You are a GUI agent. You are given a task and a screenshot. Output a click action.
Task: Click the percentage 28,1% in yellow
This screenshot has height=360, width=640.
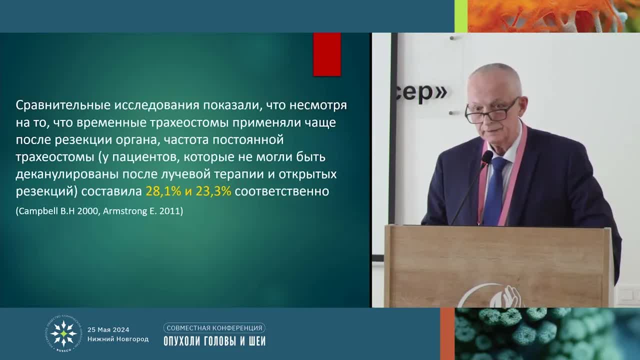[x=163, y=191]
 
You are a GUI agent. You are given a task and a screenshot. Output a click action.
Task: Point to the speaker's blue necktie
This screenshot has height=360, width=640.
[x=495, y=190]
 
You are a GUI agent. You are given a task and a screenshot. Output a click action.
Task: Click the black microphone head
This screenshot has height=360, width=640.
[x=486, y=158]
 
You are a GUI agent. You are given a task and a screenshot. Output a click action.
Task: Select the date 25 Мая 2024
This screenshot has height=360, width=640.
[x=108, y=329]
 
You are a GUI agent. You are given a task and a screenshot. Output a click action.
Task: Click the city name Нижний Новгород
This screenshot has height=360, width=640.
[x=118, y=339]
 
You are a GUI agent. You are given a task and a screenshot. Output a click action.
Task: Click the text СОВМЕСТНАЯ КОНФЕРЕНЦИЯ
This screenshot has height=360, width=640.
[x=214, y=328]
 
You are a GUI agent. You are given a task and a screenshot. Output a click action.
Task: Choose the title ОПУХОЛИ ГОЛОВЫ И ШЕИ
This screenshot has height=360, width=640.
[x=214, y=341]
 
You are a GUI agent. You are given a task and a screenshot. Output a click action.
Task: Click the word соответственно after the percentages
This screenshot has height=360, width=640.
[x=281, y=191]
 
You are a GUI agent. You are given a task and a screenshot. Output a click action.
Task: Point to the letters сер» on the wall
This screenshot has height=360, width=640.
[x=424, y=93]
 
